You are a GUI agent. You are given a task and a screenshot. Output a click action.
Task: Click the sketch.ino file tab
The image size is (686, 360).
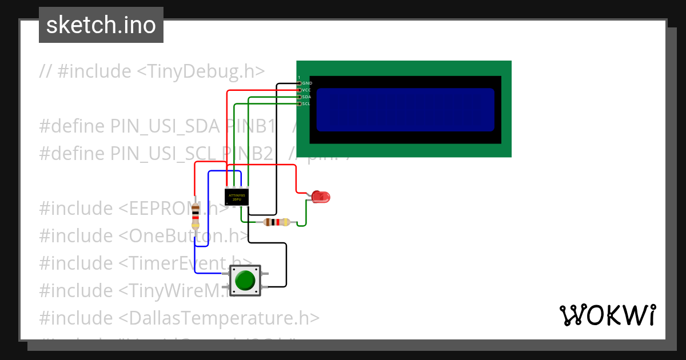pyautogui.click(x=101, y=25)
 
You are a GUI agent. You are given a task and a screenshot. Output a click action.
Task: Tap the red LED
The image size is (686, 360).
pyautogui.click(x=320, y=197)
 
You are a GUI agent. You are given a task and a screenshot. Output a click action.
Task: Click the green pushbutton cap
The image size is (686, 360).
pyautogui.click(x=245, y=281)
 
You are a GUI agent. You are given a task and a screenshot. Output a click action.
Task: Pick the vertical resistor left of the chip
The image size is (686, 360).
pyautogui.click(x=196, y=216)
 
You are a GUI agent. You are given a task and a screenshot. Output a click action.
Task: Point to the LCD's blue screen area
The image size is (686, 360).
pyautogui.click(x=405, y=109)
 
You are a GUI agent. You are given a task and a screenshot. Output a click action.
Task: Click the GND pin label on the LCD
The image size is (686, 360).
pyautogui.click(x=307, y=83)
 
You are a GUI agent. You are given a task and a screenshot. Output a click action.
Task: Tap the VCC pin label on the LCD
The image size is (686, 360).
pyautogui.click(x=306, y=90)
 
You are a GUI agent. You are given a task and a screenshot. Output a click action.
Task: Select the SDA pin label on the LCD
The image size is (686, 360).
pyautogui.click(x=306, y=97)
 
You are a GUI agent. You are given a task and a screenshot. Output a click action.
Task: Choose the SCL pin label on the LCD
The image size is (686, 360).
pyautogui.click(x=306, y=104)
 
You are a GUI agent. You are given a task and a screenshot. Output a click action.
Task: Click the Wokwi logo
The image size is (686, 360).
pyautogui.click(x=607, y=315)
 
